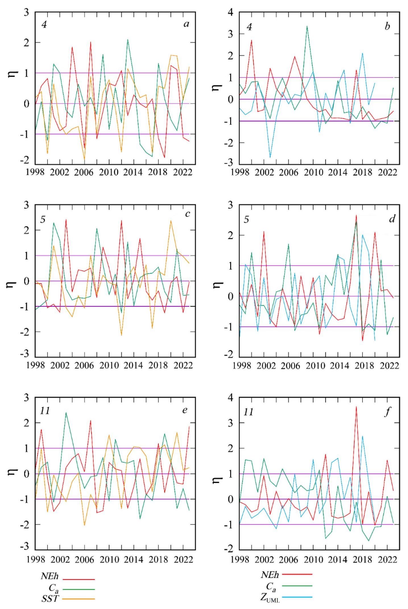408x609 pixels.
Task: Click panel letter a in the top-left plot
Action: (186, 24)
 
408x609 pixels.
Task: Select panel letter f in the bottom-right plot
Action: (387, 412)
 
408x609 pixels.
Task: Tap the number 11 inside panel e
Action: (45, 411)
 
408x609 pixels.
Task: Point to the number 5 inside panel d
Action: (246, 220)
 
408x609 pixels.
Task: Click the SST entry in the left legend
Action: (50, 599)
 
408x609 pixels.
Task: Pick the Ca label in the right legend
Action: (271, 587)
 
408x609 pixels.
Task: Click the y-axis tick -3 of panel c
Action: (26, 354)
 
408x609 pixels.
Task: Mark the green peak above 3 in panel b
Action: (307, 26)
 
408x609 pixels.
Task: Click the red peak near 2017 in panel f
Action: (356, 407)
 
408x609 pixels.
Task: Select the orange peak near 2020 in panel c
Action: (171, 221)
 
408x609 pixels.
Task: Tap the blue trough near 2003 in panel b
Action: (270, 157)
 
